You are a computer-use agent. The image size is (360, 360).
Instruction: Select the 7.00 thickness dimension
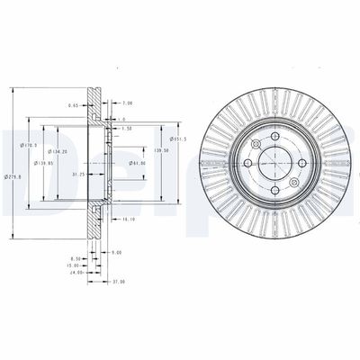point(128,103)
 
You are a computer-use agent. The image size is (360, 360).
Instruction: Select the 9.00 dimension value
point(116,252)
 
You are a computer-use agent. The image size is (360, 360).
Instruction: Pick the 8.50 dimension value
point(76,258)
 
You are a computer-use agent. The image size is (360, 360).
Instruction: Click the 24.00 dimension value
point(76,272)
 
